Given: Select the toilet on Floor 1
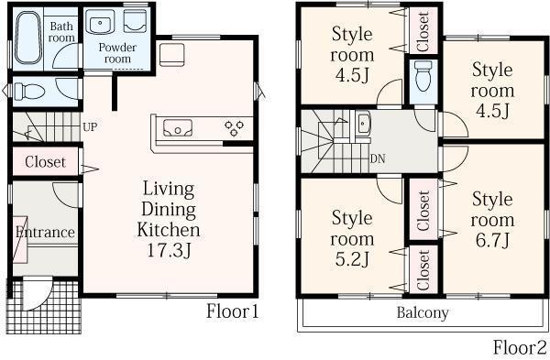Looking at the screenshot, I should (x=25, y=90).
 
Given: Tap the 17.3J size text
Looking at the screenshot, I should (x=168, y=249).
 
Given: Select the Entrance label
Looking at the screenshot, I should (x=44, y=232).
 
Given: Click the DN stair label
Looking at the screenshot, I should (x=377, y=157).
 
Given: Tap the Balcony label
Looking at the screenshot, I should (x=423, y=313).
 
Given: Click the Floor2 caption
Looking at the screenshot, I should (x=520, y=347).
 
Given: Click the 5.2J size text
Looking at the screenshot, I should (x=351, y=260).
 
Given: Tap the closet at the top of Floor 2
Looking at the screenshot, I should (x=423, y=31).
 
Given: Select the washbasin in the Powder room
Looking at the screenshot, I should (x=102, y=23).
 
